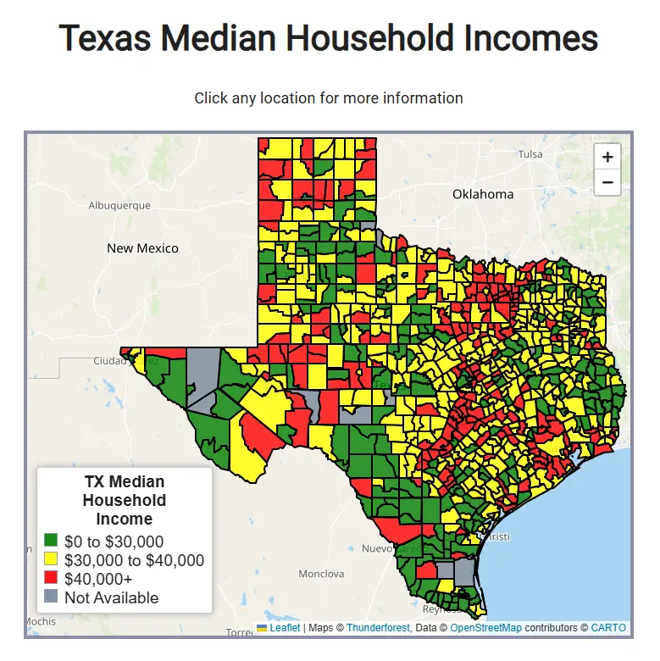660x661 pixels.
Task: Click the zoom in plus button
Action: (607, 157)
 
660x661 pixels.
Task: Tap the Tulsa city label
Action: (530, 154)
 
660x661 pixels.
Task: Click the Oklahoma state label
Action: (482, 194)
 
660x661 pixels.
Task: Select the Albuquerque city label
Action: (119, 205)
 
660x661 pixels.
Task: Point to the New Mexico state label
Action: (142, 248)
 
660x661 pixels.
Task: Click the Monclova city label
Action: (321, 574)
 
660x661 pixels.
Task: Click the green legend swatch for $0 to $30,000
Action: (51, 541)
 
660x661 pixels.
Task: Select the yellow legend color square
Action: (51, 559)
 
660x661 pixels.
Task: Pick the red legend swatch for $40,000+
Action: (51, 578)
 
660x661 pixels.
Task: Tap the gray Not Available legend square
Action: (51, 597)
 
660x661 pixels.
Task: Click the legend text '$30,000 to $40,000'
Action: (134, 560)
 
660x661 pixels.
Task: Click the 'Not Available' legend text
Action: (111, 597)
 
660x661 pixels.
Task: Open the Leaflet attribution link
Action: (285, 628)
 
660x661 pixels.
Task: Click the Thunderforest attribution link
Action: (378, 628)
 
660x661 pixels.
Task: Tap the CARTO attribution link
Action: (608, 628)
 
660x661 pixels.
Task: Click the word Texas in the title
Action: (105, 39)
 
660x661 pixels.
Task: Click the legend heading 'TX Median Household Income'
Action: (124, 500)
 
